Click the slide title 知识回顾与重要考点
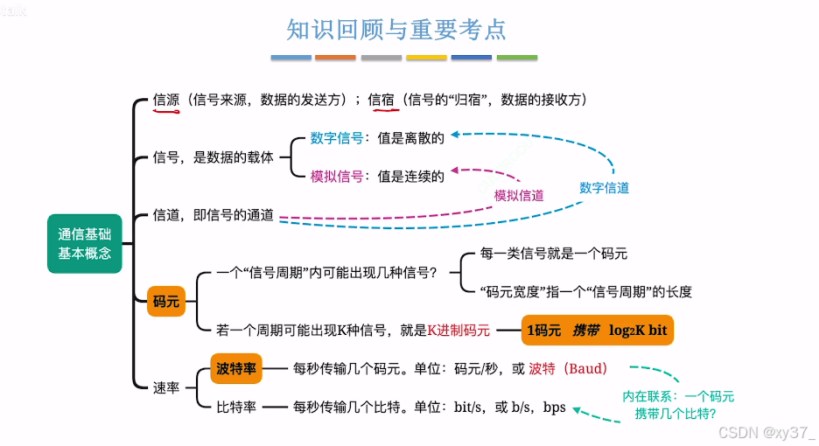pyautogui.click(x=396, y=29)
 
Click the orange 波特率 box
pyautogui.click(x=236, y=368)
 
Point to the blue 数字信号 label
pyautogui.click(x=337, y=137)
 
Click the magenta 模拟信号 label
pyautogui.click(x=337, y=176)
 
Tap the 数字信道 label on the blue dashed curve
pyautogui.click(x=604, y=188)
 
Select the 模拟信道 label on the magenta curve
pyautogui.click(x=519, y=195)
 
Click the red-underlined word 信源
pyautogui.click(x=166, y=100)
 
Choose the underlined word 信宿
pyautogui.click(x=381, y=100)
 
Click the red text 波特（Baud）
pyautogui.click(x=568, y=368)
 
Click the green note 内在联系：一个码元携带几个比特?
pyautogui.click(x=678, y=405)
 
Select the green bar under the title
pyautogui.click(x=516, y=58)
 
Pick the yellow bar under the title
pyautogui.click(x=426, y=58)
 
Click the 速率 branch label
pyautogui.click(x=166, y=387)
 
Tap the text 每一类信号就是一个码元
pyautogui.click(x=554, y=254)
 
